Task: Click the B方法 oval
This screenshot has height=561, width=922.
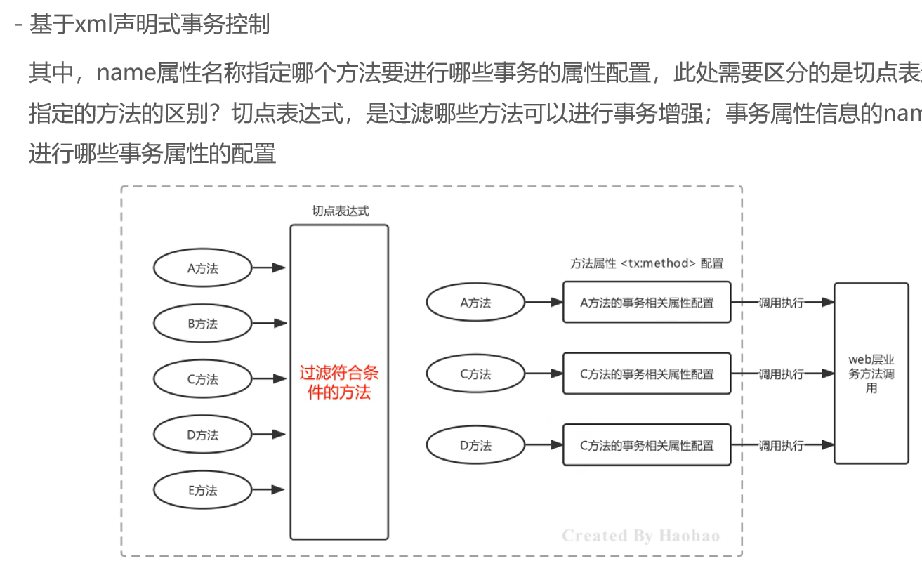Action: pos(202,324)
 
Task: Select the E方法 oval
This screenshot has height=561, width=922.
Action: pos(202,490)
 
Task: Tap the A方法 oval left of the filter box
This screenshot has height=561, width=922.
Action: pos(202,268)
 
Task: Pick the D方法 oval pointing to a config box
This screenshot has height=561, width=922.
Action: pos(475,445)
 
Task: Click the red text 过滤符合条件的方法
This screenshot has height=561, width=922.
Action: pos(339,383)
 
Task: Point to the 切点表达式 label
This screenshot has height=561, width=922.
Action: pos(340,211)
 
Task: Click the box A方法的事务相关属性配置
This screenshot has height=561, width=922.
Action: pos(647,303)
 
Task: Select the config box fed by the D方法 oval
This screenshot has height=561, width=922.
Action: pos(647,445)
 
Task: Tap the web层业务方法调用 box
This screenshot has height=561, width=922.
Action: pos(871,374)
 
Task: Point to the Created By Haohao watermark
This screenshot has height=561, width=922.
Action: pos(641,536)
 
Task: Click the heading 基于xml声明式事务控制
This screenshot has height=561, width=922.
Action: pos(150,25)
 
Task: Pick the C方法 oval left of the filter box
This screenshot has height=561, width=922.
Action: pos(202,379)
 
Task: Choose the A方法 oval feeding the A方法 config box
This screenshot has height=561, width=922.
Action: pos(475,303)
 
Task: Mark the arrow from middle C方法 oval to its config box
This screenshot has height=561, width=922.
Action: pos(544,374)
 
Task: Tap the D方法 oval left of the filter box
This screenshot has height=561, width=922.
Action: pos(202,435)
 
